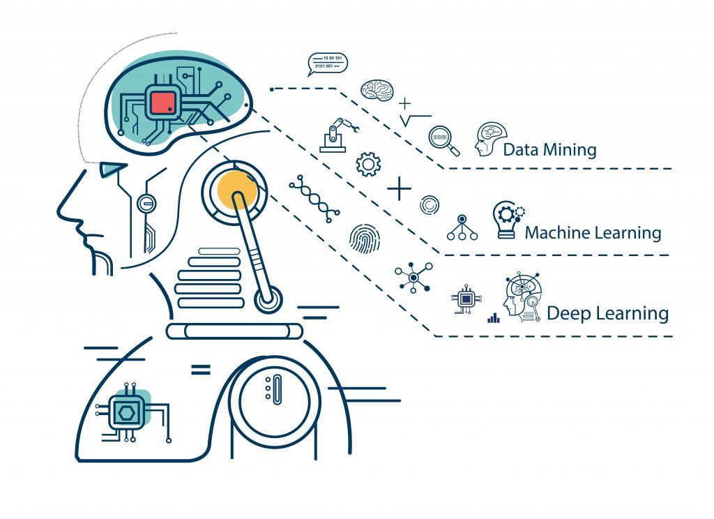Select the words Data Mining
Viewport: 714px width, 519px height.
click(549, 149)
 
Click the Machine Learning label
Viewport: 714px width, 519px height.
click(593, 232)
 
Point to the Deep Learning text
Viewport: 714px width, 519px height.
click(607, 313)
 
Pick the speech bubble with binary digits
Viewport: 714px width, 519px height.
click(326, 63)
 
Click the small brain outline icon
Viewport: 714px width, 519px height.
click(377, 90)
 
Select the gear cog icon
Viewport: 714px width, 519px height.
click(367, 164)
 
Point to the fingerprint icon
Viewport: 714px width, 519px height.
click(365, 238)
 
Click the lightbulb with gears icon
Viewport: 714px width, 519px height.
click(508, 220)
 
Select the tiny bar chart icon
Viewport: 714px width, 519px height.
click(494, 318)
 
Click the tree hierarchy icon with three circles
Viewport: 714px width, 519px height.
click(462, 227)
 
